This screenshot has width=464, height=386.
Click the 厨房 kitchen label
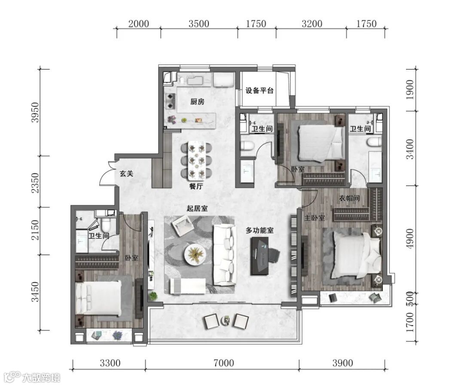click(197, 102)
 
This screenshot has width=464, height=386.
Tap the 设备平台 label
click(259, 91)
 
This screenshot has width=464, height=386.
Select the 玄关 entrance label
click(126, 173)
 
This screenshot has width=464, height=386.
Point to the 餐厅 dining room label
click(196, 186)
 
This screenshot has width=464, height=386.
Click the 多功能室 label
click(259, 230)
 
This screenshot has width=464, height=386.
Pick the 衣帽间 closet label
click(349, 198)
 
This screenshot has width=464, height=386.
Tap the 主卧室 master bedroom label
click(314, 218)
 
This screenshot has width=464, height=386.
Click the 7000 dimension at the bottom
click(224, 363)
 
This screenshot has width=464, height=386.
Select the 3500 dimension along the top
click(199, 24)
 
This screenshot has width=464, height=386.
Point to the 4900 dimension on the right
click(410, 239)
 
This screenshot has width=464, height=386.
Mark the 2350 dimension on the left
click(35, 183)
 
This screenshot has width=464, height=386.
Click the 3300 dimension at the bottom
click(110, 363)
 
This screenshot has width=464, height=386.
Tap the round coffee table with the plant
click(195, 255)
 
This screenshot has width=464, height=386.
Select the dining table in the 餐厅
click(196, 161)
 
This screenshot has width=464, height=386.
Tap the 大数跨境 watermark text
click(41, 378)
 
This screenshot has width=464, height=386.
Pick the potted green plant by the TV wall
click(153, 296)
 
